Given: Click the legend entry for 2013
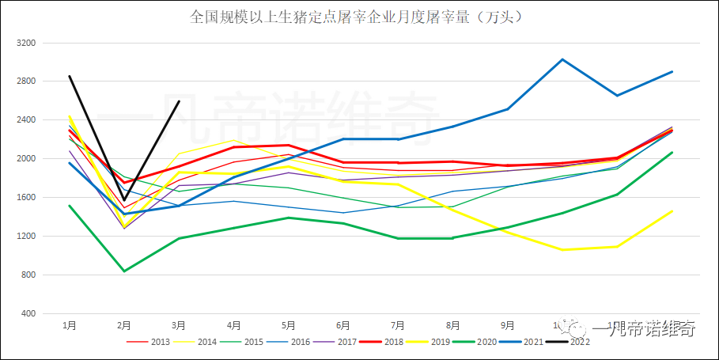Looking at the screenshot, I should [x=151, y=341].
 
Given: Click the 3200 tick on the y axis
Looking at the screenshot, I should [x=27, y=42].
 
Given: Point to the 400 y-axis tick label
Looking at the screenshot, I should [x=29, y=314].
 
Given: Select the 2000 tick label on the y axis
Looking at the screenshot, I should [x=27, y=158].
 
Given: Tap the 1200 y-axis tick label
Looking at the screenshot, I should [x=27, y=236].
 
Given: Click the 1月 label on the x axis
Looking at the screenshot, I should [x=70, y=325].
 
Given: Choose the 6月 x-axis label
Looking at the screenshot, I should [x=343, y=325].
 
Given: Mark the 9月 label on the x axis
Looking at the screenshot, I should [x=507, y=325].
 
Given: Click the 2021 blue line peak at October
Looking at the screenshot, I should [x=562, y=59].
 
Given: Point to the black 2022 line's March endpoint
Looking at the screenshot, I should [x=180, y=100].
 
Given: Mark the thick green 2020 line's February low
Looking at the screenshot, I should [x=124, y=271].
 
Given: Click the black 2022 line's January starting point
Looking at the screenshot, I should [x=70, y=76].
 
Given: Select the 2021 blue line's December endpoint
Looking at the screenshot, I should [x=672, y=72].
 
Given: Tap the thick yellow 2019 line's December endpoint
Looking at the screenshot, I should [x=672, y=211].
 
